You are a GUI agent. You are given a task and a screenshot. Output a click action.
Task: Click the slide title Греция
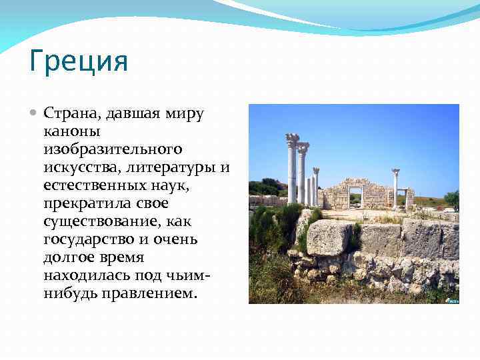pyautogui.click(x=79, y=63)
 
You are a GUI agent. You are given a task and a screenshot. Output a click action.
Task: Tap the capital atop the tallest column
pyautogui.click(x=292, y=141)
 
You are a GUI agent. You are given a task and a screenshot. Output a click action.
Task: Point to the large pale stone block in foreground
pyautogui.click(x=329, y=237)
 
